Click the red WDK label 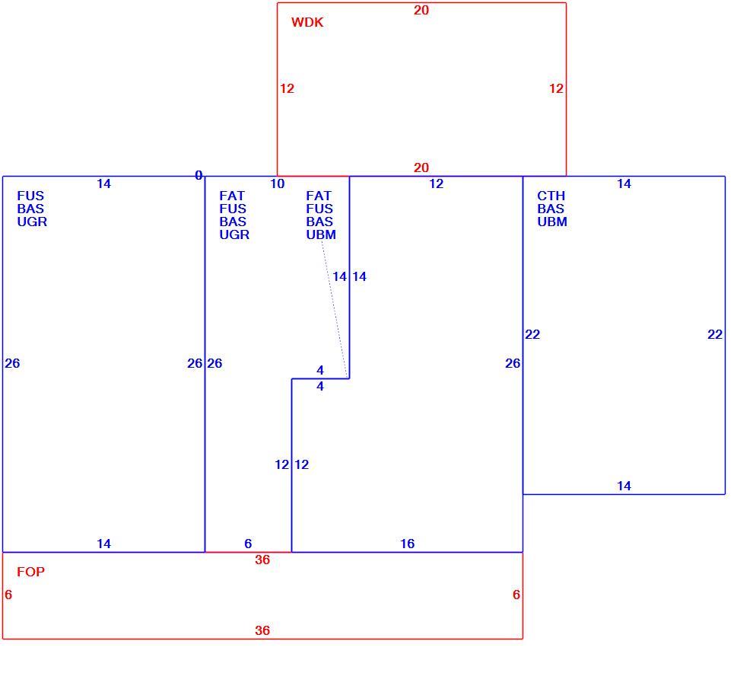[x=307, y=22]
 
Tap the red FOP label [x=30, y=572]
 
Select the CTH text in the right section [x=551, y=196]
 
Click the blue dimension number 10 [x=277, y=183]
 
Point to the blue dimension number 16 [x=407, y=544]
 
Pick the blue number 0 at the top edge [x=199, y=175]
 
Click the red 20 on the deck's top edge [x=421, y=10]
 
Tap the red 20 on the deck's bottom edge [x=421, y=167]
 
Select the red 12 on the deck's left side [x=288, y=88]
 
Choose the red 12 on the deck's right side [x=556, y=88]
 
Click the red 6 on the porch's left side [x=8, y=595]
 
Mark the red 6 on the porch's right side [x=516, y=595]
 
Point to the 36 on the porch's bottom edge [x=262, y=630]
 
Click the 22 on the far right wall [x=715, y=334]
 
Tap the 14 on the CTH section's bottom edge [x=624, y=486]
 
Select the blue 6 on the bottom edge [x=248, y=544]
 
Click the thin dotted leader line [x=334, y=310]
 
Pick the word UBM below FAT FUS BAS [x=321, y=234]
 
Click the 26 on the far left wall [x=12, y=363]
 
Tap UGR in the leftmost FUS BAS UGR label [x=32, y=222]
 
